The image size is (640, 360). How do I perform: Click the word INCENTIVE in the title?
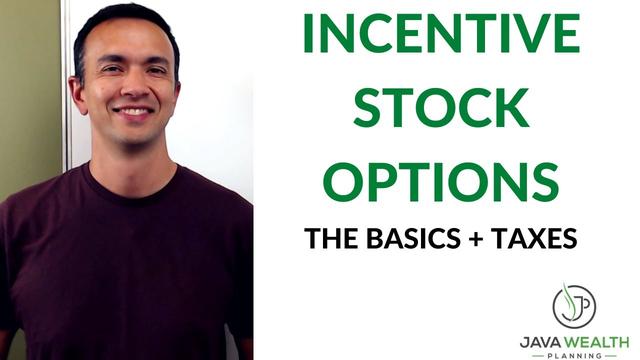point(442,35)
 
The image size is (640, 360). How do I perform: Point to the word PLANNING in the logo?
point(574,354)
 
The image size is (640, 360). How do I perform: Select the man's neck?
point(130,160)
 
